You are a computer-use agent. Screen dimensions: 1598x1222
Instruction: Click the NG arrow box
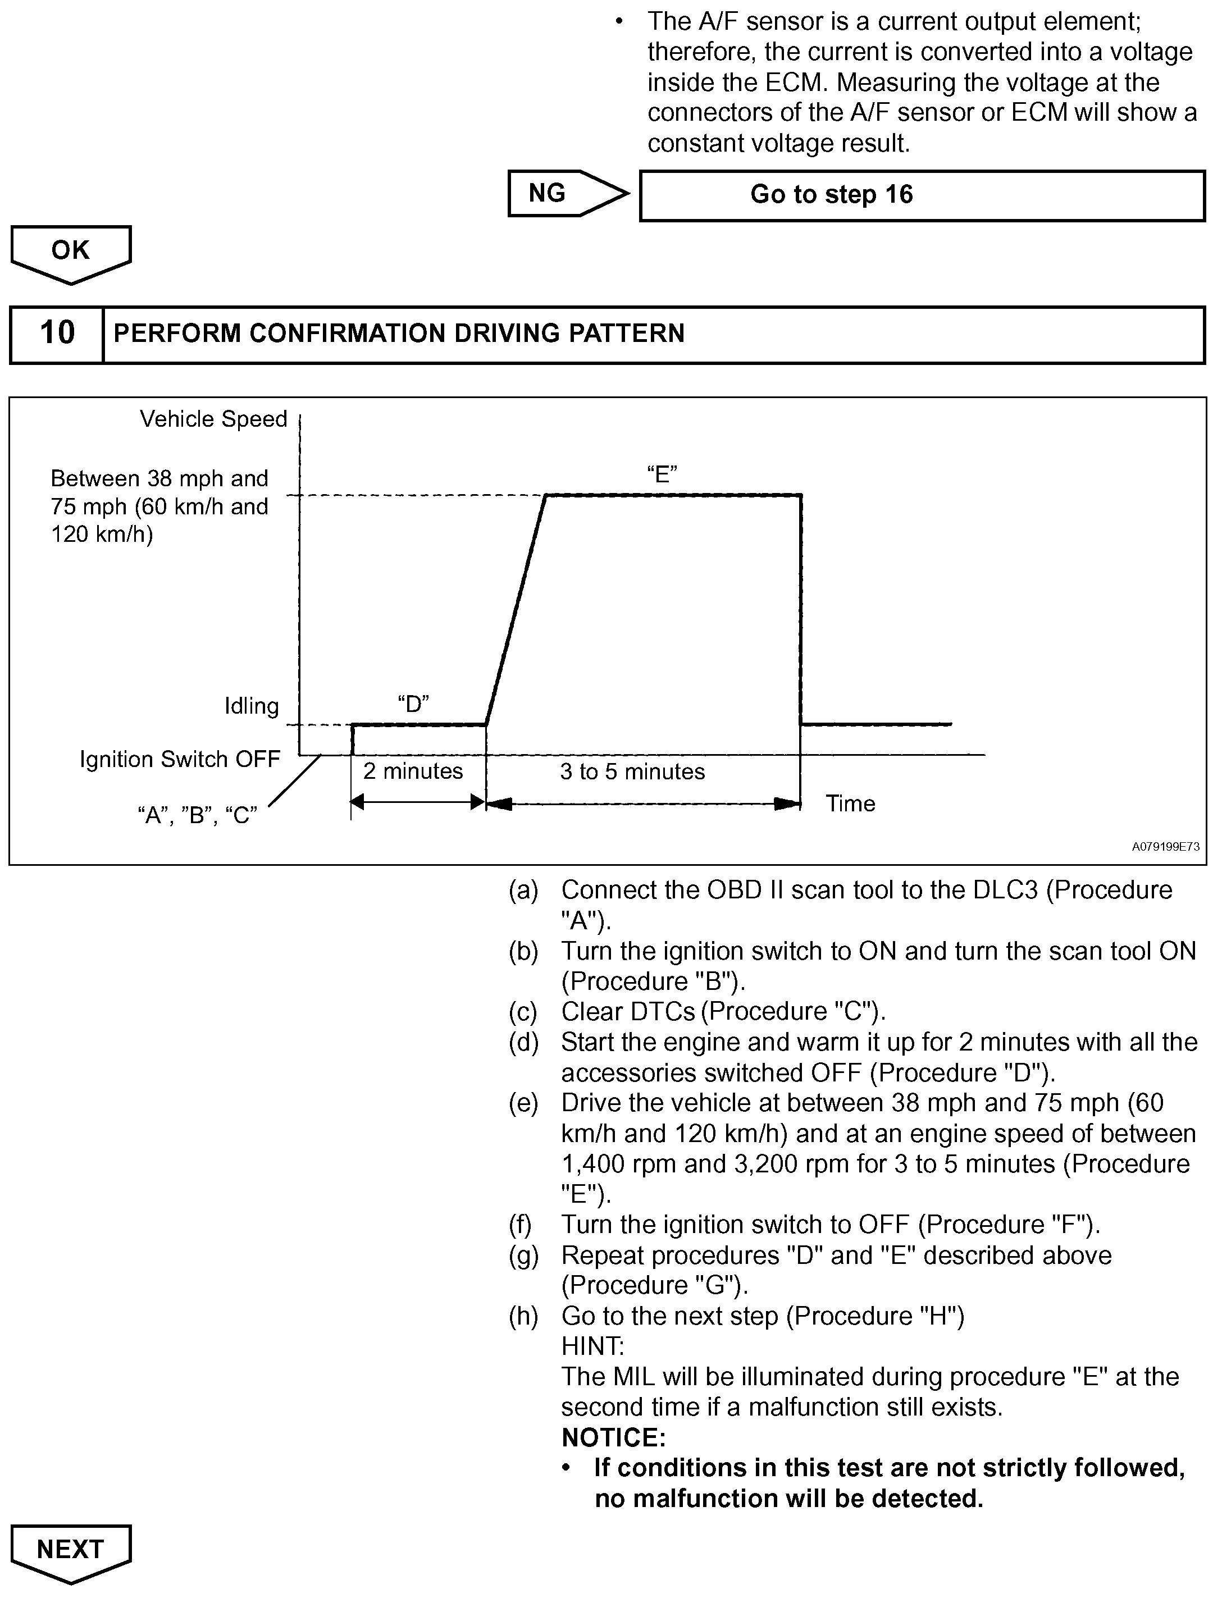560,194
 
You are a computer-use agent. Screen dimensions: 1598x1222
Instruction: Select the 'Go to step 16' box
922,195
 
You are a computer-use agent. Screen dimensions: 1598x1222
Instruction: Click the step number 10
57,333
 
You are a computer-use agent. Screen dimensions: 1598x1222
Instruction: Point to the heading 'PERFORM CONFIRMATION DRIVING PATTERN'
399,333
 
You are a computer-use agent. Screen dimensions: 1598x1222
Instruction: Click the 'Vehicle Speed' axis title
213,419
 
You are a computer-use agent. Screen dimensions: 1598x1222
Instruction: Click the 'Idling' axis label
251,706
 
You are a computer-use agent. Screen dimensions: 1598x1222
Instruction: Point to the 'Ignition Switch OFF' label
180,759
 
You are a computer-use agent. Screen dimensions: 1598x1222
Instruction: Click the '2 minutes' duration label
412,771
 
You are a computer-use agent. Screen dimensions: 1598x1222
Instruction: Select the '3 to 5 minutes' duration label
632,771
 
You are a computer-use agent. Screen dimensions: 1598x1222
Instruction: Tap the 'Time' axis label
850,803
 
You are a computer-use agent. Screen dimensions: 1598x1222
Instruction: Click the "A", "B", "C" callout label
197,815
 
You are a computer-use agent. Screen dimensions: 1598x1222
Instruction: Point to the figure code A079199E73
1165,847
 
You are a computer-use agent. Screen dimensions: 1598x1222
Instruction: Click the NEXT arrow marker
71,1550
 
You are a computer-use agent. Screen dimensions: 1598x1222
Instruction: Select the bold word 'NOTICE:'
613,1437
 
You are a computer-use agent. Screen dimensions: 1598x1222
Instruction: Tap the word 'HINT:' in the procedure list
592,1346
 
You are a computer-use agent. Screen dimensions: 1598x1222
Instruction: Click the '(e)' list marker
523,1103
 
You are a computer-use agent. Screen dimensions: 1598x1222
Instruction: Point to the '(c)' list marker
523,1012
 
